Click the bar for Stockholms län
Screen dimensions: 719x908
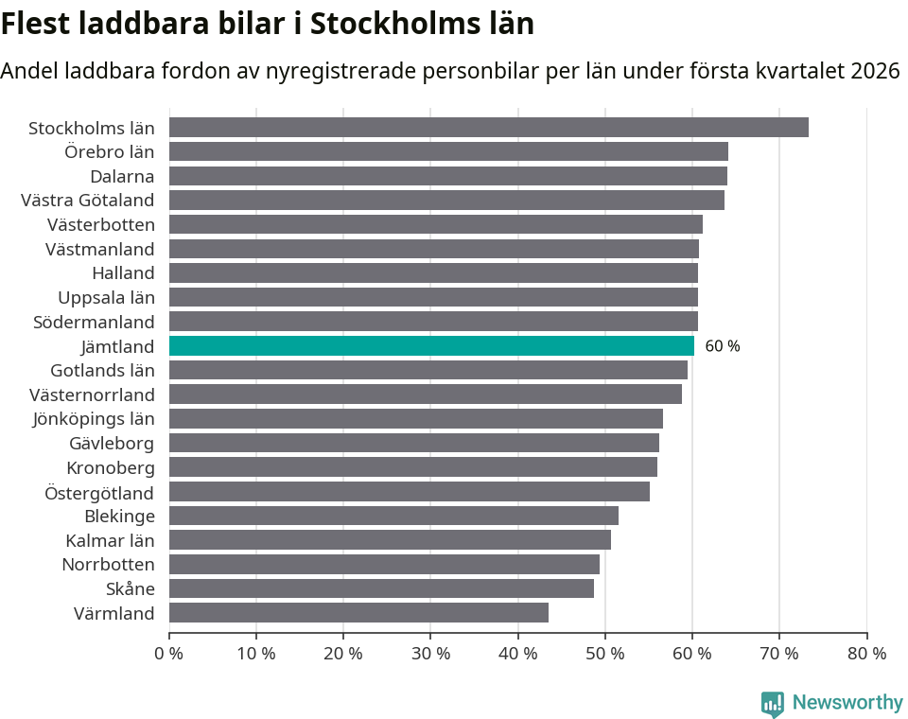click(x=488, y=128)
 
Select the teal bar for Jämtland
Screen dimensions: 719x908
click(x=431, y=346)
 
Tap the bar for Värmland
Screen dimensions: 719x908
click(x=358, y=613)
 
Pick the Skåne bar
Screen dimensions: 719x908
click(x=381, y=588)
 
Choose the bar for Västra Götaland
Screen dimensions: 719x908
click(x=446, y=201)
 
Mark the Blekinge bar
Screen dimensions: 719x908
click(x=393, y=516)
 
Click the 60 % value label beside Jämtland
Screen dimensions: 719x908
click(x=723, y=346)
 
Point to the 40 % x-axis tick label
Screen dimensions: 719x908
click(x=517, y=653)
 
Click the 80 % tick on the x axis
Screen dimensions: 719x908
click(x=866, y=653)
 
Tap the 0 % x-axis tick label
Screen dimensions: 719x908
click(x=169, y=653)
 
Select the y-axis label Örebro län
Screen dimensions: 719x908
click(x=110, y=151)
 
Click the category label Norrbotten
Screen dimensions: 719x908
click(x=108, y=565)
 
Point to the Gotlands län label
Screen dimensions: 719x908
click(x=102, y=370)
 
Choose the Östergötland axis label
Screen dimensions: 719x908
click(x=99, y=492)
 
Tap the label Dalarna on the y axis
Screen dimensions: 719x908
click(x=122, y=176)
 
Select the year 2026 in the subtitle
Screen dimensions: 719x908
click(x=875, y=71)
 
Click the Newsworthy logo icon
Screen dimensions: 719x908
click(x=773, y=703)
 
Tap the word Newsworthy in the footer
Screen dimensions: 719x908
click(x=847, y=703)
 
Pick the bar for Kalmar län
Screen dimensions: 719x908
click(x=390, y=540)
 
